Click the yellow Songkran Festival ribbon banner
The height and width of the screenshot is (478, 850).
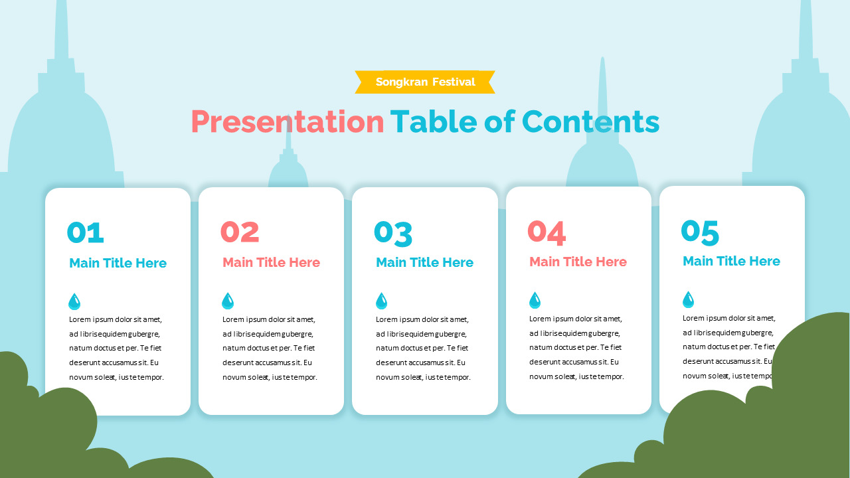425,82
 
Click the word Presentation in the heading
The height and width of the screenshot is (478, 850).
288,122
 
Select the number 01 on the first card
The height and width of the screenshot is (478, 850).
86,232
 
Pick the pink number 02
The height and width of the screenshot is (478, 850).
240,232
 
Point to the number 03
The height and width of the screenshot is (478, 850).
393,232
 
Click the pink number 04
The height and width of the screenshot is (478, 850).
547,232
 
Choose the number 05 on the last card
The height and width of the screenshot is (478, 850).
700,232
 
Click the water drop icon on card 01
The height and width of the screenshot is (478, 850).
74,302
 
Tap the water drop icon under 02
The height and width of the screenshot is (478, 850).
228,301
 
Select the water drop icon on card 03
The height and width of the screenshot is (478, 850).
381,301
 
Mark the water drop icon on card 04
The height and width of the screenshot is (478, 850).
535,301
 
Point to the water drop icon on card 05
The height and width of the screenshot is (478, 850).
688,300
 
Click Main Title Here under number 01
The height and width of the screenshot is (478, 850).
118,263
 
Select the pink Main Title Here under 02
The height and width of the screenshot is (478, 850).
272,262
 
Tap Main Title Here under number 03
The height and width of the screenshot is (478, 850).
425,262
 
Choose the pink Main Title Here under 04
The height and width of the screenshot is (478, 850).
578,262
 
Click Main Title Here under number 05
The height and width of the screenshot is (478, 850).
732,261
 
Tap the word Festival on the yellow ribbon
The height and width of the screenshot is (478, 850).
454,82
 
